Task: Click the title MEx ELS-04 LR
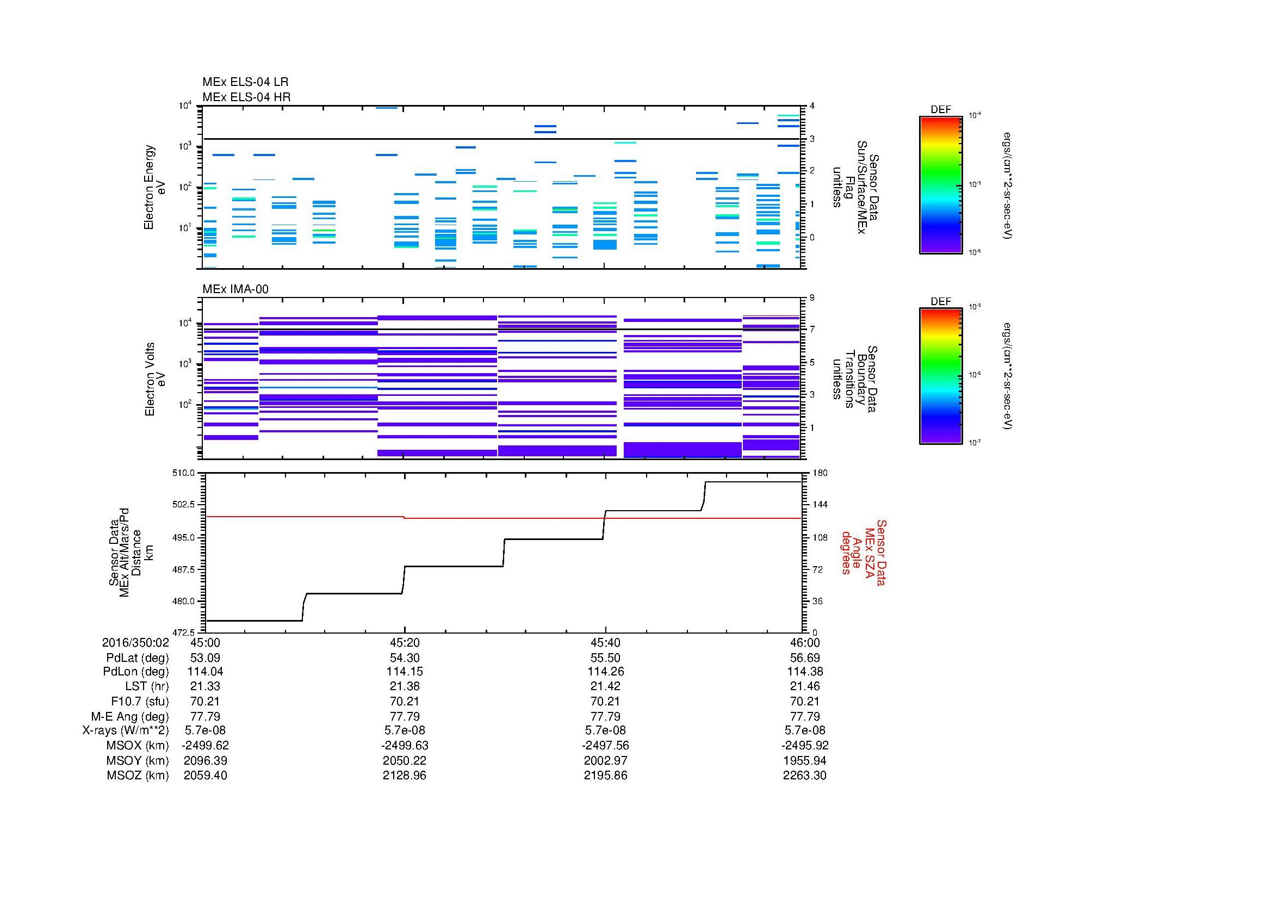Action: click(245, 82)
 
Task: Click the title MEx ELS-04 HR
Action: click(246, 97)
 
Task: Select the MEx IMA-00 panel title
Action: click(235, 289)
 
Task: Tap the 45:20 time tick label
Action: click(405, 642)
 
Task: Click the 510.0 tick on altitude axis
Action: click(184, 473)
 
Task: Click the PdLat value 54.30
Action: click(405, 658)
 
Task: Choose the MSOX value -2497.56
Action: click(605, 746)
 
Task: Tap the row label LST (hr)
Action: click(147, 686)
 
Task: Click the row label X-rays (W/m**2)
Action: click(126, 730)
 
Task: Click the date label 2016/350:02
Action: click(135, 642)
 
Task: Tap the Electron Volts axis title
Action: click(150, 380)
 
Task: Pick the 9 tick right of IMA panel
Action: click(812, 298)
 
